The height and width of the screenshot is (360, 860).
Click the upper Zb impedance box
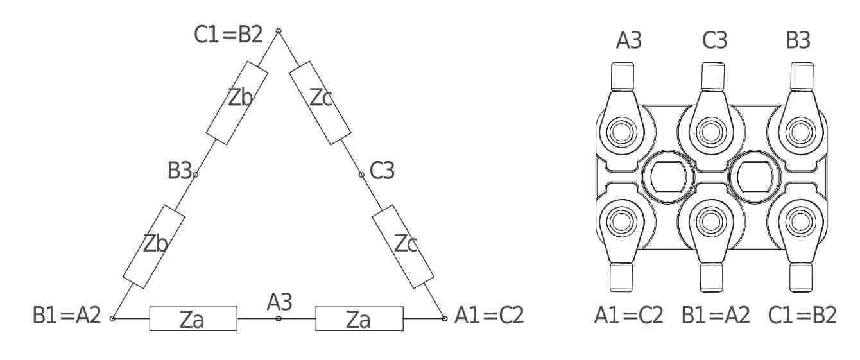236,103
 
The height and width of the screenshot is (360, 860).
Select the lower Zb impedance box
154,247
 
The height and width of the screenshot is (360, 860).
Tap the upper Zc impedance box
320,103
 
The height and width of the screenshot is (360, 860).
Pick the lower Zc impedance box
403,247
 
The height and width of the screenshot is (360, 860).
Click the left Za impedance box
193,318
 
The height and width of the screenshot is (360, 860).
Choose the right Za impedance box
359,318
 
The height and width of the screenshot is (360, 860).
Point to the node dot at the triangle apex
279,31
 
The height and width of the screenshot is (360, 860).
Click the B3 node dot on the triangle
195,175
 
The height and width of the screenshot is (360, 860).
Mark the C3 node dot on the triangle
362,175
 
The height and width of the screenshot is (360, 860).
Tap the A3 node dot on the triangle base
279,318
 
